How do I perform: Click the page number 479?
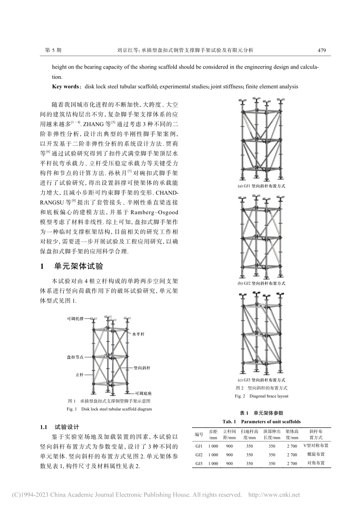pos(322,50)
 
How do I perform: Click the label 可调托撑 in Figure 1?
pos(76,319)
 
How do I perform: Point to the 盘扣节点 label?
pos(75,357)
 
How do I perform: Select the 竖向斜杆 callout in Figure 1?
pos(142,368)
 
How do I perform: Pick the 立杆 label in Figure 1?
pos(79,375)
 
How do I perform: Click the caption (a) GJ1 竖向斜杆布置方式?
pos(261,186)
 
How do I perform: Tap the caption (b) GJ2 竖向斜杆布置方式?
pos(261,283)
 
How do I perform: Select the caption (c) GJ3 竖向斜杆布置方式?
pos(261,380)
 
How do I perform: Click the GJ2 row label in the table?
pos(199,454)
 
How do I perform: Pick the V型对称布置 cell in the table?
pos(316,446)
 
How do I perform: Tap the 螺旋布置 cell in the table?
pos(316,454)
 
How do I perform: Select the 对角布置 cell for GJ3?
pos(316,463)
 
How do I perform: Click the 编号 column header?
pos(199,434)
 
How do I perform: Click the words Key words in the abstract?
pos(66,87)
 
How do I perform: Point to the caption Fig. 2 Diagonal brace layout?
pos(261,396)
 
